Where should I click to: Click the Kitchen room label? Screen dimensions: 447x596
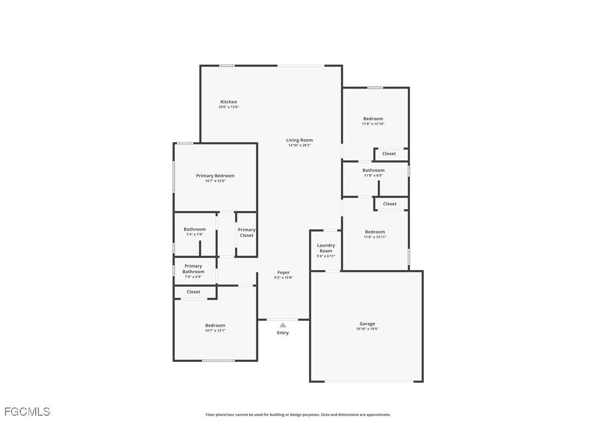[229, 102]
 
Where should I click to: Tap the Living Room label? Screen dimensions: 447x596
[299, 140]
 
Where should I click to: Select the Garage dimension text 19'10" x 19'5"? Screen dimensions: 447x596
[367, 329]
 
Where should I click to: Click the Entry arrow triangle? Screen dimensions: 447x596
[283, 325]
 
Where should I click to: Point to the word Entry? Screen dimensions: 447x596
[283, 333]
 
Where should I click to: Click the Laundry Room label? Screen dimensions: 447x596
[326, 248]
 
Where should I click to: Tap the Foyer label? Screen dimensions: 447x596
[283, 272]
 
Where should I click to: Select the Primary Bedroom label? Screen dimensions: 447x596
[215, 176]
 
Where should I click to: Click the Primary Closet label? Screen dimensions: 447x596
[246, 232]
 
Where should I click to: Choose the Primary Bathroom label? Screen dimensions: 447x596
[193, 269]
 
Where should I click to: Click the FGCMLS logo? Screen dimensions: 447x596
[27, 411]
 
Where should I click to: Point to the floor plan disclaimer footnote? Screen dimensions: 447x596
[298, 415]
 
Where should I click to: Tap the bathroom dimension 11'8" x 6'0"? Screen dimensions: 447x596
[373, 176]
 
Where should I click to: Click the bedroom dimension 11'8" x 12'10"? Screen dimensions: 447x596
[373, 124]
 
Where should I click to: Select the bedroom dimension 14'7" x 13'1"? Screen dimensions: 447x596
[215, 331]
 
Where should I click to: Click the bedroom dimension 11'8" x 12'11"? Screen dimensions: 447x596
[375, 237]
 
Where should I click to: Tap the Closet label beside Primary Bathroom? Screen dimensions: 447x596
[193, 292]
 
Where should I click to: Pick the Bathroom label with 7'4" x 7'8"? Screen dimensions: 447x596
[194, 230]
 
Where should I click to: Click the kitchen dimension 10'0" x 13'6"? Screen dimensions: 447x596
[229, 107]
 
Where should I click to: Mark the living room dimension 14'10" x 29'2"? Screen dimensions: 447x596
[299, 146]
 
